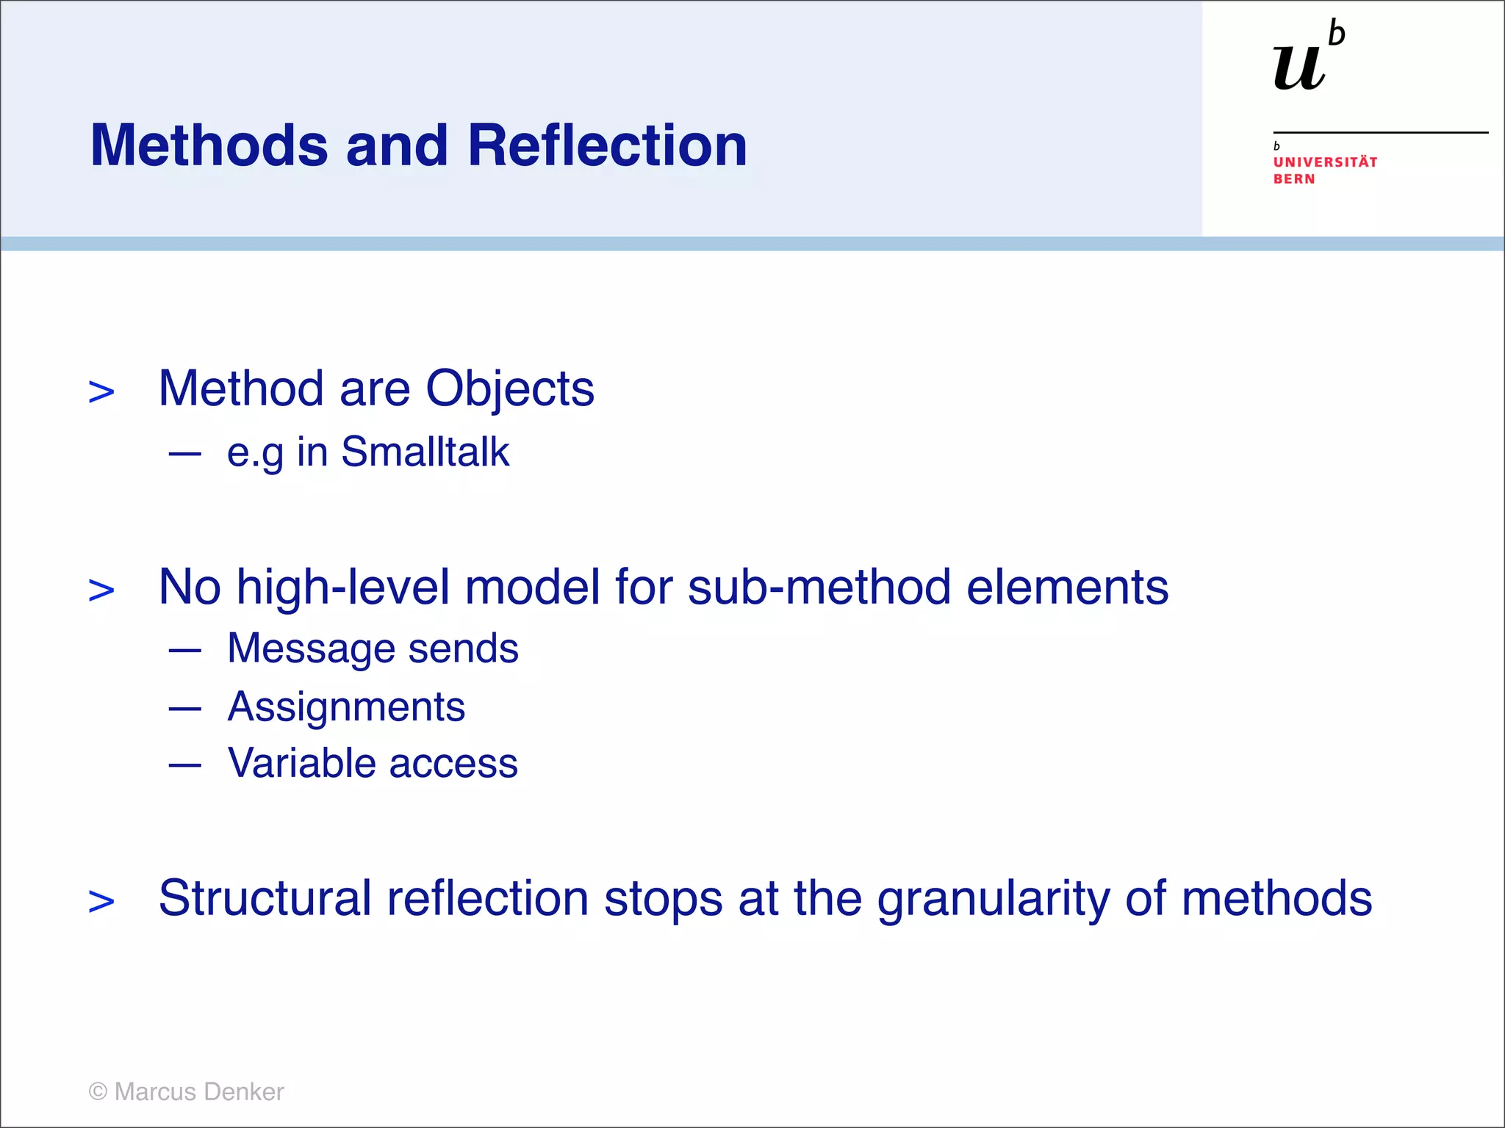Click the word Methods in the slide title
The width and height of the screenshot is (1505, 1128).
pos(209,145)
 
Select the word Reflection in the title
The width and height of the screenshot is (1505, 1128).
pos(607,145)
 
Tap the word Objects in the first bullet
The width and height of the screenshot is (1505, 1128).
pos(510,388)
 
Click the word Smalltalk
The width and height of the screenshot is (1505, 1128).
pos(425,452)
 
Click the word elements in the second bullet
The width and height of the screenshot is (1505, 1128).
pos(1067,587)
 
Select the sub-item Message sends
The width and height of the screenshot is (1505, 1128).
pos(373,649)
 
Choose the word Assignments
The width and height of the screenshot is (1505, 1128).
pos(346,707)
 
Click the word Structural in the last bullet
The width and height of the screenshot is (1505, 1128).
pos(265,898)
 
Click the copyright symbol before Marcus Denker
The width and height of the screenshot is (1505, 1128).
pos(98,1092)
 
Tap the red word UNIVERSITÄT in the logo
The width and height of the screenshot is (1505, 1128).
pos(1325,162)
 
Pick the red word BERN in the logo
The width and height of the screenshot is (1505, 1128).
pos(1294,179)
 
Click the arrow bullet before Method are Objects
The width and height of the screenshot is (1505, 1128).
pos(101,392)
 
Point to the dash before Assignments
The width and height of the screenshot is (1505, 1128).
pos(184,709)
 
